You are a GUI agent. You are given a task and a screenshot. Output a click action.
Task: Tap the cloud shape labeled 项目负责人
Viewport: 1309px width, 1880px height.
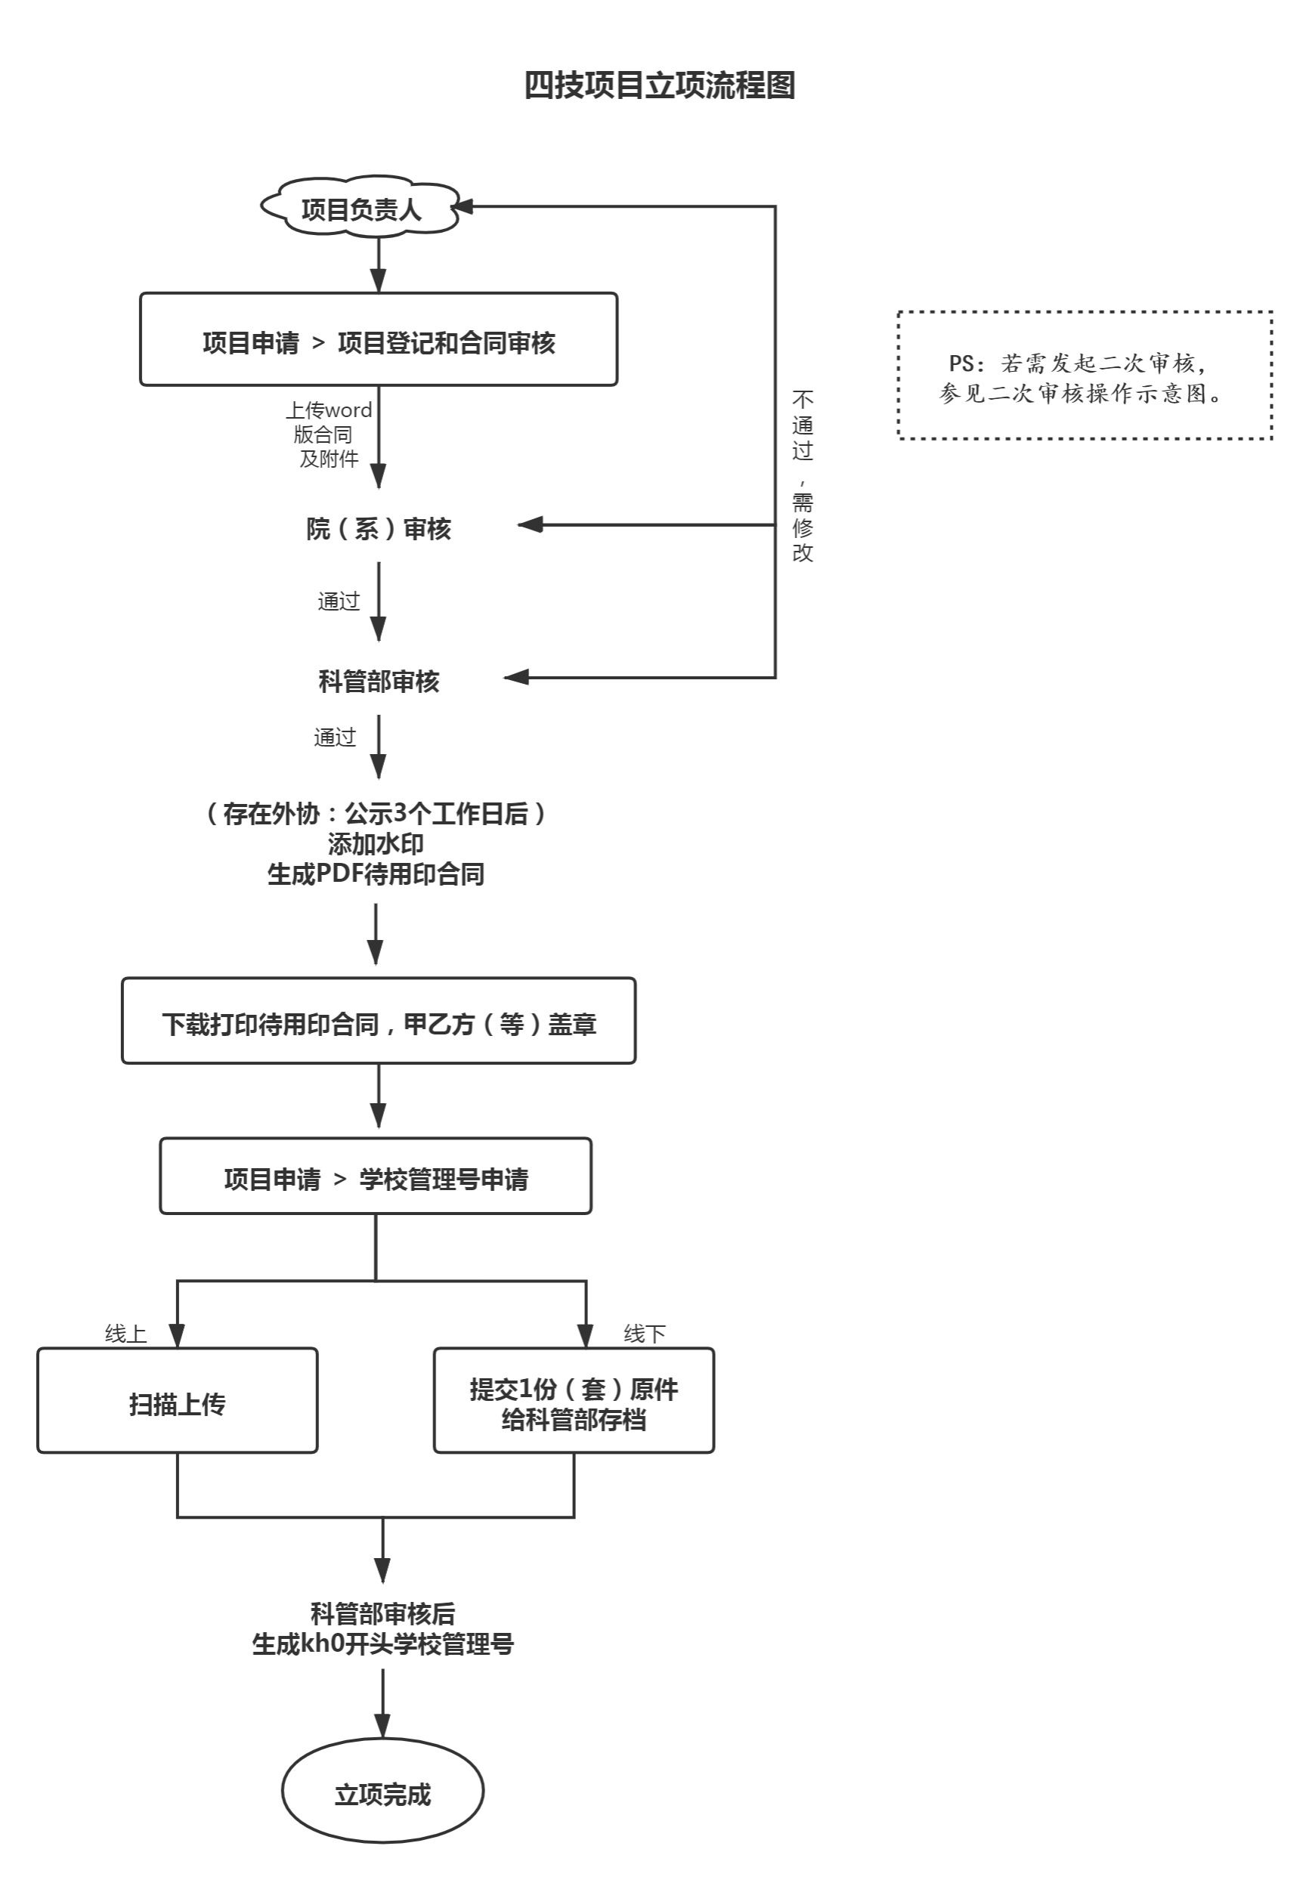361,209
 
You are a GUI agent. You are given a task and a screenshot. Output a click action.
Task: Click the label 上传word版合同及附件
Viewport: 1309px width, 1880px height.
329,434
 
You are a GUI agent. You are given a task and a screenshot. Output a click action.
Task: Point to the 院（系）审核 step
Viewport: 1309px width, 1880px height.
379,529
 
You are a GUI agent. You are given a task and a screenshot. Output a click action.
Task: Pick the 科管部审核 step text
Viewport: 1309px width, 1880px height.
379,682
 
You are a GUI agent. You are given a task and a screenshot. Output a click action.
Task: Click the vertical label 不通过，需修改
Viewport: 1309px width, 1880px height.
802,476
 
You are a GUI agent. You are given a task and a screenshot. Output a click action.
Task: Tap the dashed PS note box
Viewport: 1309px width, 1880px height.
1084,376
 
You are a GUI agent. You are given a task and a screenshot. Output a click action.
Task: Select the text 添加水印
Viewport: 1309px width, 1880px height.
376,843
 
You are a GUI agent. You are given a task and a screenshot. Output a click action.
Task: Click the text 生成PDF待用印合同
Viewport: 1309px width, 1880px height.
376,874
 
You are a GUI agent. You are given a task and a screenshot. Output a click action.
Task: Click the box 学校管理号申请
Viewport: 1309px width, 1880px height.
376,1178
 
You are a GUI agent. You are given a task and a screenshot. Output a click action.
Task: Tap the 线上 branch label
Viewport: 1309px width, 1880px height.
125,1334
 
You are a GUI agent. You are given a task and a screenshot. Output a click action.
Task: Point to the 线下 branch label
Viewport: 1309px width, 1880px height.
644,1334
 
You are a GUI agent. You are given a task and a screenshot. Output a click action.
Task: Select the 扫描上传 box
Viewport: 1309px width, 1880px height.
177,1403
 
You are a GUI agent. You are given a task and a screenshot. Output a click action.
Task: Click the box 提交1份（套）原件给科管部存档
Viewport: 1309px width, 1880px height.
574,1403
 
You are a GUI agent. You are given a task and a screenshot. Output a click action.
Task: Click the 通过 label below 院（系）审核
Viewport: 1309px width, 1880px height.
339,601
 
